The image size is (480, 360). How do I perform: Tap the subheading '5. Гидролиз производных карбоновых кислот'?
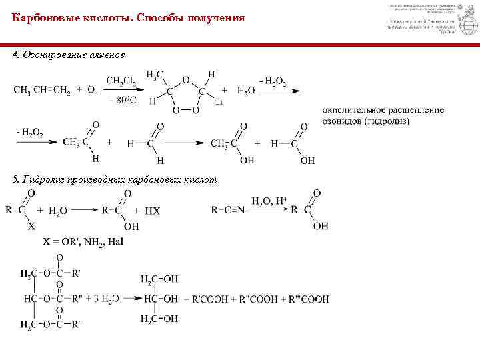tap(115, 180)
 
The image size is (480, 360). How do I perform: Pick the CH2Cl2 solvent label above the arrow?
tap(121, 81)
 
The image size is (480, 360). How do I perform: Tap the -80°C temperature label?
tap(122, 101)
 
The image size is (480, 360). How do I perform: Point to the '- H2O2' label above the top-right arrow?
tap(273, 81)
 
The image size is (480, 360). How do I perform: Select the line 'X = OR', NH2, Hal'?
tap(83, 241)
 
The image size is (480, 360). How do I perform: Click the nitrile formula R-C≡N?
tap(228, 210)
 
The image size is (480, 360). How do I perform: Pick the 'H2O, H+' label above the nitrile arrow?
tap(269, 200)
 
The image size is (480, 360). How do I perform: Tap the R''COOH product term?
tap(254, 299)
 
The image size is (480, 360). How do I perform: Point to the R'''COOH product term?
tap(309, 299)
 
